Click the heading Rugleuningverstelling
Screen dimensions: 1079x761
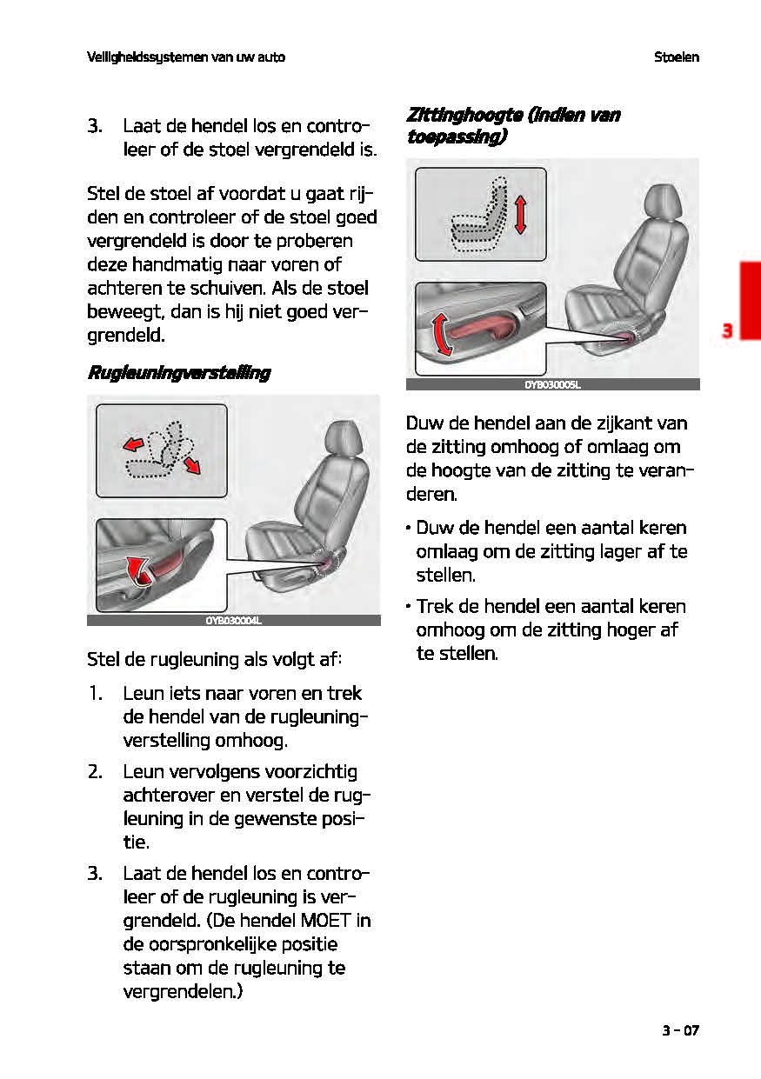pos(178,373)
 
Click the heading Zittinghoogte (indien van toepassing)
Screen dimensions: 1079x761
pos(512,126)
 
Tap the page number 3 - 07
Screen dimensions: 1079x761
pos(679,1031)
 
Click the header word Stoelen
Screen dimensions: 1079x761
pos(677,57)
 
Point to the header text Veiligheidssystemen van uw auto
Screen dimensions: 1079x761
pos(186,57)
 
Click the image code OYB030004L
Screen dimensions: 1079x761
pos(233,621)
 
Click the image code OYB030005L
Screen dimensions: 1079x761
pos(552,384)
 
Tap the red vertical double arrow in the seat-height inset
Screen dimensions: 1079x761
pos(520,214)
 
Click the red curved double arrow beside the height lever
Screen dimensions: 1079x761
pos(442,336)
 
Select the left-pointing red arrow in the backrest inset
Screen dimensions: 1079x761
pos(133,445)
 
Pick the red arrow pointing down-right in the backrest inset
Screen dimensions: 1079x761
pos(192,464)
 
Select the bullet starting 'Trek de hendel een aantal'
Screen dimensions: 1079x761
pos(545,629)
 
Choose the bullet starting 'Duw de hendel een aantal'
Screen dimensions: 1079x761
pos(545,551)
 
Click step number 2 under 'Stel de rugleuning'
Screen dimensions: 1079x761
pos(96,772)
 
